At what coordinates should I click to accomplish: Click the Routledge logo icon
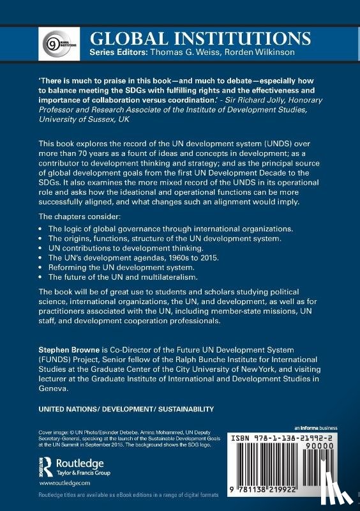click(x=45, y=465)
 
